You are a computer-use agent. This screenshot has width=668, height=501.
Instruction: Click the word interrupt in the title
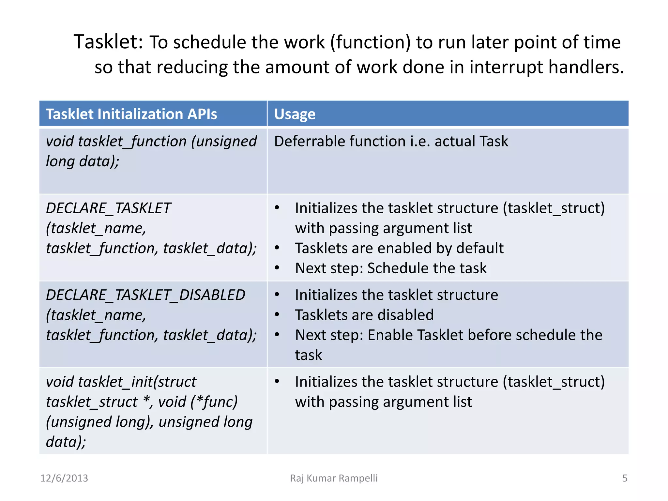[x=506, y=67]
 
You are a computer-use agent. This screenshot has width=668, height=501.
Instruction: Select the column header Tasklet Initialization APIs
[x=131, y=114]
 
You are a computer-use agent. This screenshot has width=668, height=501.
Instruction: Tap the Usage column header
[x=295, y=114]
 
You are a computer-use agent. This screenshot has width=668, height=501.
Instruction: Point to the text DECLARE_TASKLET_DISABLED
[x=145, y=295]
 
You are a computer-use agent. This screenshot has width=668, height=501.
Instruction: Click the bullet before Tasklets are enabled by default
[x=277, y=248]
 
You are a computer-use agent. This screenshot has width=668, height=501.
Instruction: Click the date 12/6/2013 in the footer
[x=64, y=478]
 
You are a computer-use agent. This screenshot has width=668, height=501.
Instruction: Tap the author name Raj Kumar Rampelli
[x=334, y=478]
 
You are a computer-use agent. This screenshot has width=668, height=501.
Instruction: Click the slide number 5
[x=625, y=478]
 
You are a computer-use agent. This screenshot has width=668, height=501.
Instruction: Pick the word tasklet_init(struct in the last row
[x=137, y=382]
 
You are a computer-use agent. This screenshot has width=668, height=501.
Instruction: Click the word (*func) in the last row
[x=214, y=402]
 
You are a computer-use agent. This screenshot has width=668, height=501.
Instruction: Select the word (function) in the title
[x=370, y=42]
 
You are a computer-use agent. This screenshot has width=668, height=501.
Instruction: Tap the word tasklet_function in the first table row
[x=132, y=142]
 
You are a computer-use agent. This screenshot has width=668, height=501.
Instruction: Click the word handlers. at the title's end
[x=586, y=67]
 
